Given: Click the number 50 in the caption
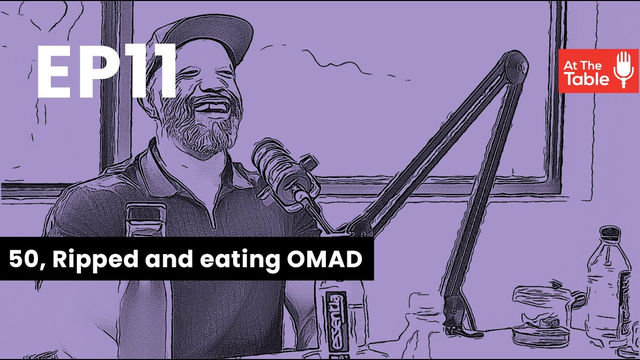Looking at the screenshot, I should pyautogui.click(x=22, y=259).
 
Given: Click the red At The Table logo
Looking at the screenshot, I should pyautogui.click(x=598, y=70).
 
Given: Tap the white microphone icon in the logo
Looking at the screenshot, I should pyautogui.click(x=624, y=69).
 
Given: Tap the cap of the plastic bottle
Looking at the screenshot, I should pyautogui.click(x=610, y=233).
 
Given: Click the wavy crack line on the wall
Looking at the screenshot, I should pyautogui.click(x=350, y=65).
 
